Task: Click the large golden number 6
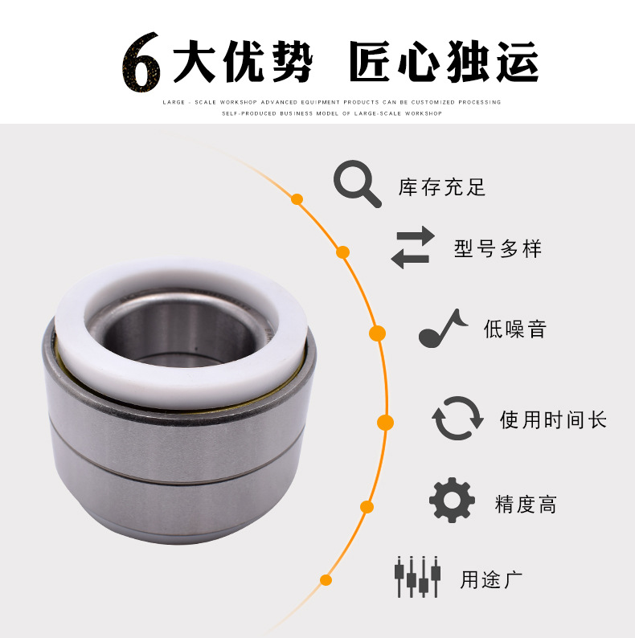[x=141, y=61]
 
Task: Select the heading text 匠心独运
[x=444, y=61]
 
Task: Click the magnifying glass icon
[x=357, y=184]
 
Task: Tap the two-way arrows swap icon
[x=412, y=247]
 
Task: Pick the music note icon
[x=441, y=328]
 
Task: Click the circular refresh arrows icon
[x=458, y=419]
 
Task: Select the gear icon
[x=452, y=501]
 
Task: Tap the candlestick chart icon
[x=417, y=576]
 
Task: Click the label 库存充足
[x=442, y=188]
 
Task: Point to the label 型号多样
[x=498, y=248]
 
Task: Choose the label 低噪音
[x=514, y=329]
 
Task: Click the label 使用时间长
[x=553, y=419]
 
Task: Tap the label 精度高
[x=526, y=505]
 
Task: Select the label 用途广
[x=491, y=579]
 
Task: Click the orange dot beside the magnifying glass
[x=297, y=198]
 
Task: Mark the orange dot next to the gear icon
[x=367, y=507]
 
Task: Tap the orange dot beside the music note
[x=376, y=333]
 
